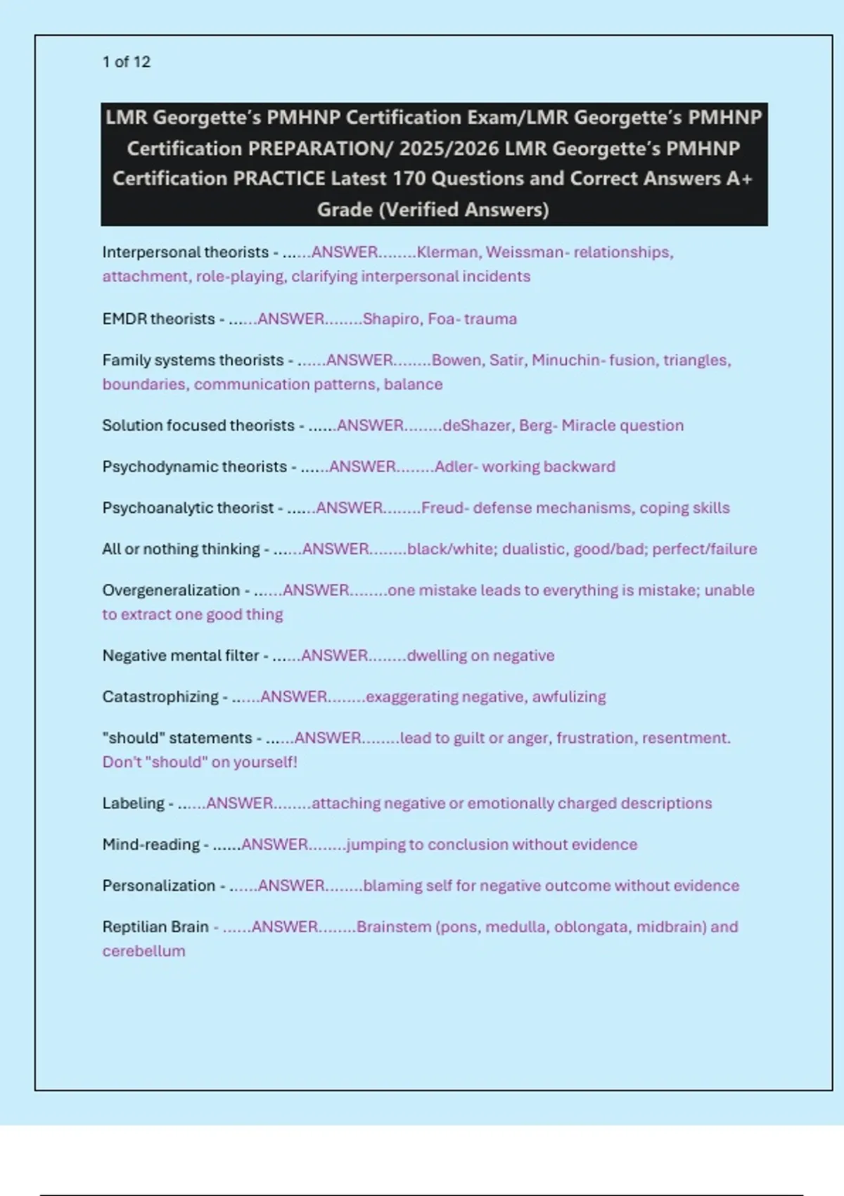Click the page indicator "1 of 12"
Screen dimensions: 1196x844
tap(126, 62)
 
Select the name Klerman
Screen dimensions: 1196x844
tap(447, 252)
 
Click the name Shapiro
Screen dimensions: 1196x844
tap(391, 319)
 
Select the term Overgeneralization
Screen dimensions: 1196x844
tap(171, 590)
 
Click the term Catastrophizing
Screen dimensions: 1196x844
tap(160, 696)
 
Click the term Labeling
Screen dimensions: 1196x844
tap(133, 803)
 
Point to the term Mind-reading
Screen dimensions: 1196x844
tap(151, 844)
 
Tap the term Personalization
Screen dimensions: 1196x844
tap(159, 886)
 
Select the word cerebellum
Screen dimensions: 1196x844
tap(143, 951)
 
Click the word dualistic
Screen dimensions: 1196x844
tap(534, 549)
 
